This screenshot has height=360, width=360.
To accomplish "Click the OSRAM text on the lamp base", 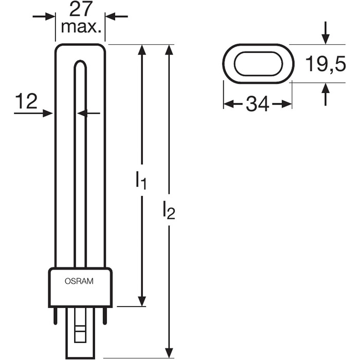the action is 79,281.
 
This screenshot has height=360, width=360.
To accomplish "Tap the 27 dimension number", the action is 81,10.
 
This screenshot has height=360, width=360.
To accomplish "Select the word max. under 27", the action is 81,27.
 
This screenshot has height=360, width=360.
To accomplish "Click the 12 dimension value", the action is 26,101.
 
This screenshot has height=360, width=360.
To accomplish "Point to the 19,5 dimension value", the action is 326,64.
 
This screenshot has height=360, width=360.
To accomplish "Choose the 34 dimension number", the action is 257,104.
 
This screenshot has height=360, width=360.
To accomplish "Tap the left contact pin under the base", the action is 56,316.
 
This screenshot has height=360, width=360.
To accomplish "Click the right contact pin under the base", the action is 105,316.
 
